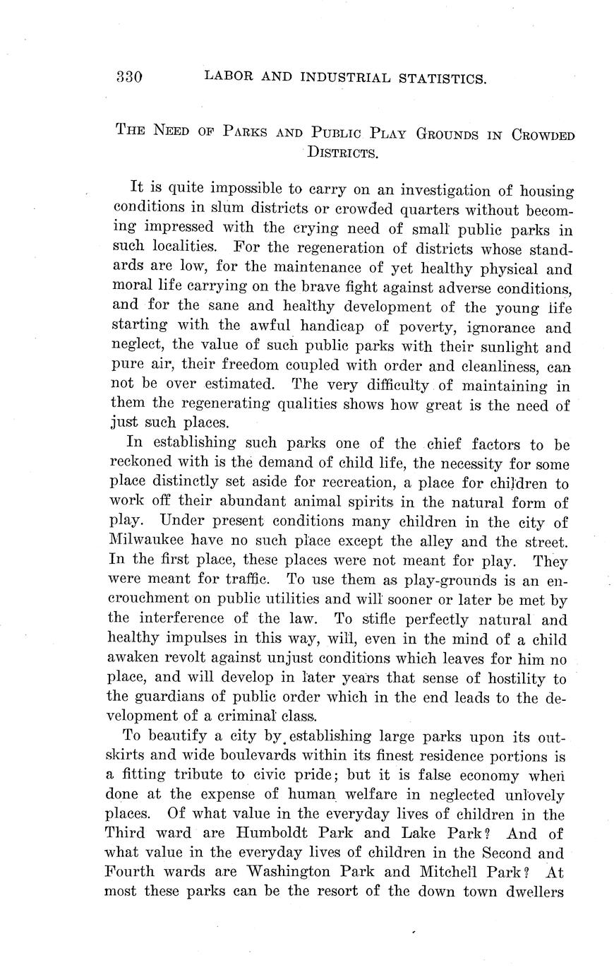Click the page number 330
(x=130, y=77)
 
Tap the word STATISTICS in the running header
(x=441, y=78)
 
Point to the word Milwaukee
(x=145, y=543)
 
